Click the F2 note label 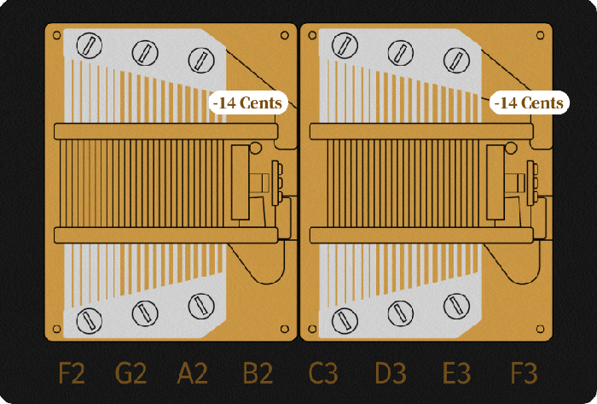(72, 374)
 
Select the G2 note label (130, 374)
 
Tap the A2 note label (192, 374)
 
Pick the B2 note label (258, 374)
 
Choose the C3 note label (323, 374)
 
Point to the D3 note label (391, 374)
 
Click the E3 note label (457, 374)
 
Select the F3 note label (524, 374)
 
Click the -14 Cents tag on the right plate (529, 102)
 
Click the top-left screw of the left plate (87, 42)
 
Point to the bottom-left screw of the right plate (343, 321)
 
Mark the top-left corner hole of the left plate (56, 36)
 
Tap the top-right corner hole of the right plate (540, 36)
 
